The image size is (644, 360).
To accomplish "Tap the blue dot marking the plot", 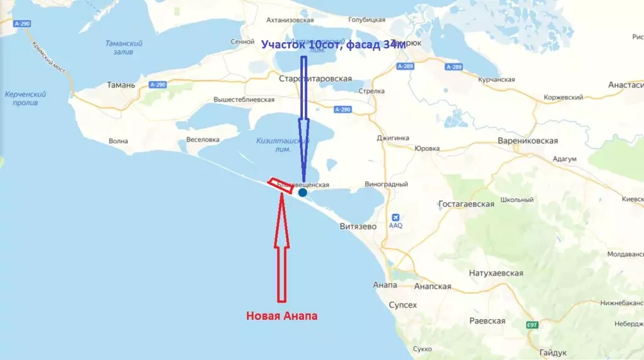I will [x=303, y=192].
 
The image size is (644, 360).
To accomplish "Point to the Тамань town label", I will [x=121, y=84].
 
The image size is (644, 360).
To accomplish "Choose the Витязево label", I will [x=358, y=226].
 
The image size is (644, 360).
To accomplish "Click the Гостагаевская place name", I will [x=466, y=205].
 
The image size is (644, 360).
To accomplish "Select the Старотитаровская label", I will [x=315, y=79].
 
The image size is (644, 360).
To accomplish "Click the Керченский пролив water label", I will [x=25, y=98].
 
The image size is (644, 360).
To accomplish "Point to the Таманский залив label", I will [x=124, y=48].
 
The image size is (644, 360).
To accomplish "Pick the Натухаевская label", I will [x=496, y=273].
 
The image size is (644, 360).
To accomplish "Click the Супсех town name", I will [x=403, y=305].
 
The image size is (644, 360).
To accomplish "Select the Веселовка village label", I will [x=203, y=140].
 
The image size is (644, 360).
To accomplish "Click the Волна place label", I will [x=118, y=141].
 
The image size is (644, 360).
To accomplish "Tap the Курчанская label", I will [x=496, y=80].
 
